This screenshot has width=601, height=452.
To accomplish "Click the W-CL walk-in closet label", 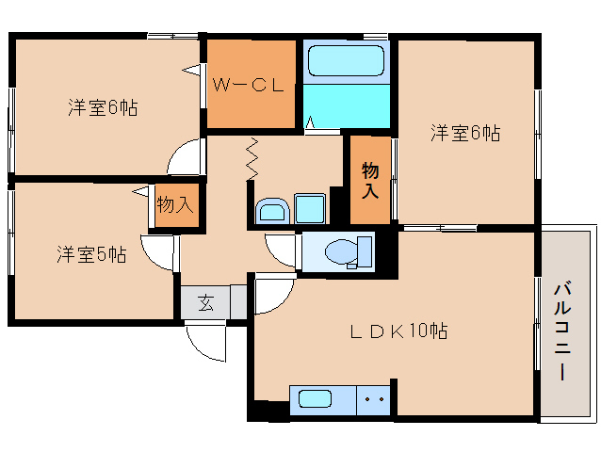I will [x=247, y=85].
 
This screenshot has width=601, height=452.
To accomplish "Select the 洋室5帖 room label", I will [x=90, y=253].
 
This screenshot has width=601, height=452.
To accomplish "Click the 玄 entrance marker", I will [x=205, y=303].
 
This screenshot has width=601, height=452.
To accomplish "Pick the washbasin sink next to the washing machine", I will [x=272, y=210].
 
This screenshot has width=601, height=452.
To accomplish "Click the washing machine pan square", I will [x=309, y=208].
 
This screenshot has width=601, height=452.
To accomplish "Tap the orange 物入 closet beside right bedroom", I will [x=370, y=180].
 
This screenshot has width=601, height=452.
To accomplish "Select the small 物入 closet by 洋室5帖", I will [x=174, y=204].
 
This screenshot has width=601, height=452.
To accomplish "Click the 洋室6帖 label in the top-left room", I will [x=103, y=107].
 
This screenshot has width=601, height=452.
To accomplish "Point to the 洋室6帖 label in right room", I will [x=465, y=133].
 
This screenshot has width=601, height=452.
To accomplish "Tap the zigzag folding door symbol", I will [x=252, y=160].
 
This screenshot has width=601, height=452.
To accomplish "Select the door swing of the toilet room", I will [x=281, y=250].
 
